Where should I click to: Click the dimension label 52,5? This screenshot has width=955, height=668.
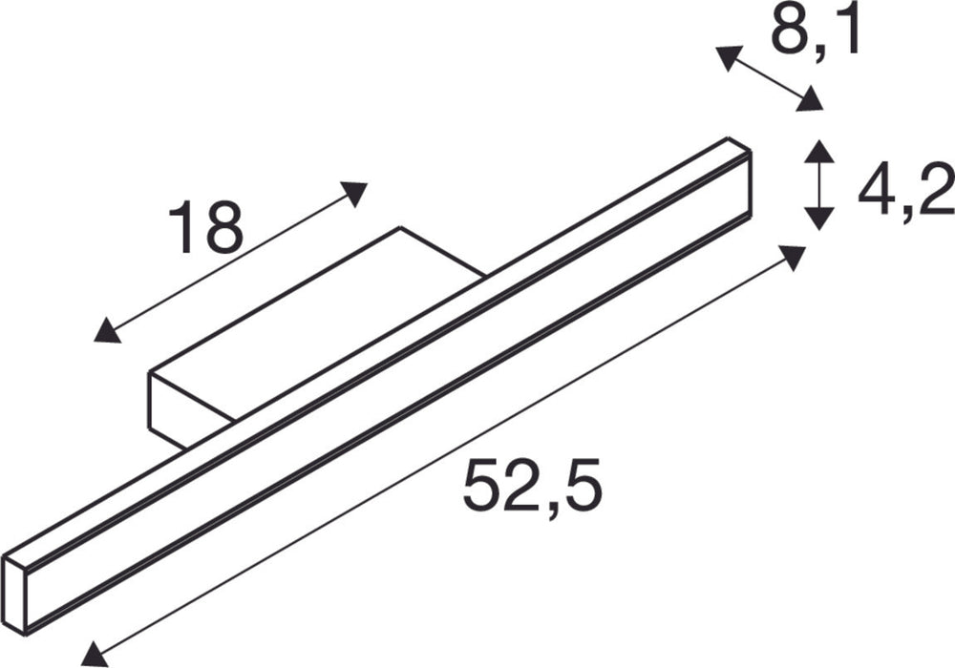pyautogui.click(x=532, y=487)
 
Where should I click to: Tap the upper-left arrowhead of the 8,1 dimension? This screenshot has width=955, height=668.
pyautogui.click(x=728, y=58)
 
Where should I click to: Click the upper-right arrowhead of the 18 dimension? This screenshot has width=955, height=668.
pyautogui.click(x=354, y=192)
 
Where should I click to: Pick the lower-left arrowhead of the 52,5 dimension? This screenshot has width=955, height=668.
pyautogui.click(x=94, y=653)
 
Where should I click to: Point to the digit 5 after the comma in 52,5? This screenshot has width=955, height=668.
pyautogui.click(x=581, y=487)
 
